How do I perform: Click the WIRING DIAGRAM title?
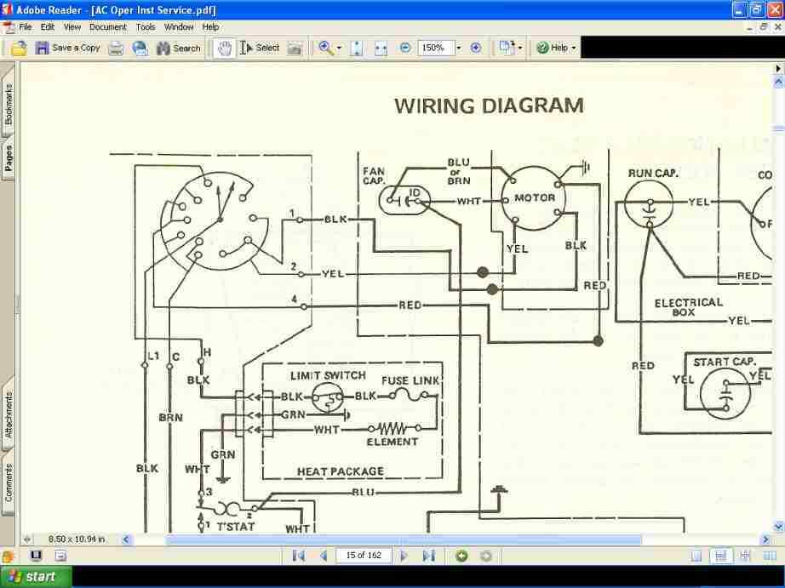[489, 106]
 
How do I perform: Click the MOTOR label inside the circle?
[534, 198]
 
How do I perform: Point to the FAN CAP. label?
[374, 176]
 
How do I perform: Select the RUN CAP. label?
[653, 174]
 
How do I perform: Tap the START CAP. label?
[724, 362]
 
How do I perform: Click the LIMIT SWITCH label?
[328, 375]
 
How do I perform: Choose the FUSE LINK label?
[410, 380]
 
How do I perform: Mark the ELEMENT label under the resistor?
[392, 442]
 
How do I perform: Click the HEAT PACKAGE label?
[340, 471]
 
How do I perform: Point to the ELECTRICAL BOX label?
[688, 307]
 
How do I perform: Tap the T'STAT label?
[235, 527]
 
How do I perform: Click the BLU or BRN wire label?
[458, 171]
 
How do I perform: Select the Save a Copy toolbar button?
[67, 48]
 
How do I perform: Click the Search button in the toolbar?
[178, 48]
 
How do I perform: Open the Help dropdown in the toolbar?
[556, 48]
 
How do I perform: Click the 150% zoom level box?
[434, 48]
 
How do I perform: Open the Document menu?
[107, 27]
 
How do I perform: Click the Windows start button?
[32, 577]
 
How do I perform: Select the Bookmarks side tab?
[9, 104]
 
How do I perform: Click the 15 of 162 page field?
[364, 556]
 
